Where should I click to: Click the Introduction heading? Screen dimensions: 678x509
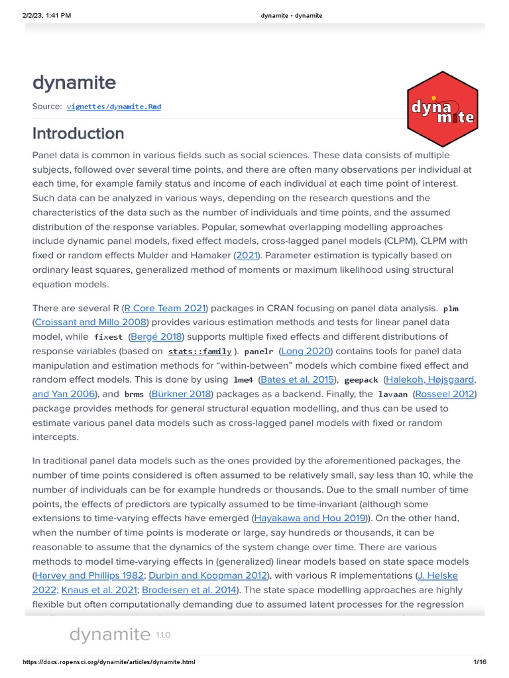point(78,133)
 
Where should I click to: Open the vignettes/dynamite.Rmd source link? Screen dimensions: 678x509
point(113,106)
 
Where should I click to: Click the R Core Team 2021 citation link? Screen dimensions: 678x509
point(166,308)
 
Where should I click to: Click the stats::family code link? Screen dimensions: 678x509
point(199,352)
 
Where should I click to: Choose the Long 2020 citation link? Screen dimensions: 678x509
point(306,351)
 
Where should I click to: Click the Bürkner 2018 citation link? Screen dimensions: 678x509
point(181,394)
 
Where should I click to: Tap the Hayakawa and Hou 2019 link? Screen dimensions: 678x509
point(310,518)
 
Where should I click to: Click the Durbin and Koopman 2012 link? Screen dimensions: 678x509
point(208,575)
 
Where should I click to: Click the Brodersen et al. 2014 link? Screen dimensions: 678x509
point(198,590)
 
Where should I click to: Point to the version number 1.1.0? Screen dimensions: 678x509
point(163,635)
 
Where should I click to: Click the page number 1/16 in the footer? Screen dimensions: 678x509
point(480,662)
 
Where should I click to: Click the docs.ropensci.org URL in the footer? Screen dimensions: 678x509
point(109,662)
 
